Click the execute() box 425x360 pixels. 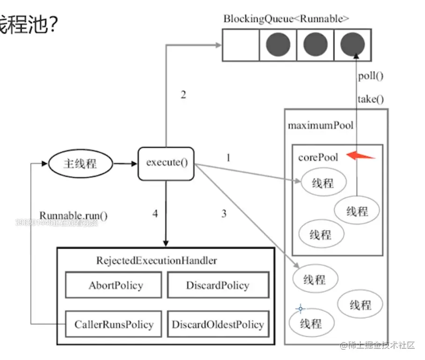pyautogui.click(x=166, y=163)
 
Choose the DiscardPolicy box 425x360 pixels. pyautogui.click(x=218, y=285)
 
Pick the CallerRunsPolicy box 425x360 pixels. pyautogui.click(x=114, y=324)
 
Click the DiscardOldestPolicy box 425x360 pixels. pyautogui.click(x=218, y=324)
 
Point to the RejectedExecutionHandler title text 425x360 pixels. pyautogui.click(x=156, y=260)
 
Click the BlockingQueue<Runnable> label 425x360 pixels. pyautogui.click(x=286, y=19)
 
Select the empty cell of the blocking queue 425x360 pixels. pyautogui.click(x=241, y=45)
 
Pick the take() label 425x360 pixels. pyautogui.click(x=370, y=99)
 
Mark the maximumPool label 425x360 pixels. pyautogui.click(x=320, y=125)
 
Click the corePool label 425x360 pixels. pyautogui.click(x=318, y=157)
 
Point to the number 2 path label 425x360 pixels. pyautogui.click(x=183, y=95)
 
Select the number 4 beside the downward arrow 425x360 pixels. pyautogui.click(x=155, y=214)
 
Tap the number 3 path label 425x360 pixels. pyautogui.click(x=224, y=214)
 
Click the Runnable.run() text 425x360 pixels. pyautogui.click(x=73, y=216)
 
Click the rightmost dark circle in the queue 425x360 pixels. pyautogui.click(x=352, y=45)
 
